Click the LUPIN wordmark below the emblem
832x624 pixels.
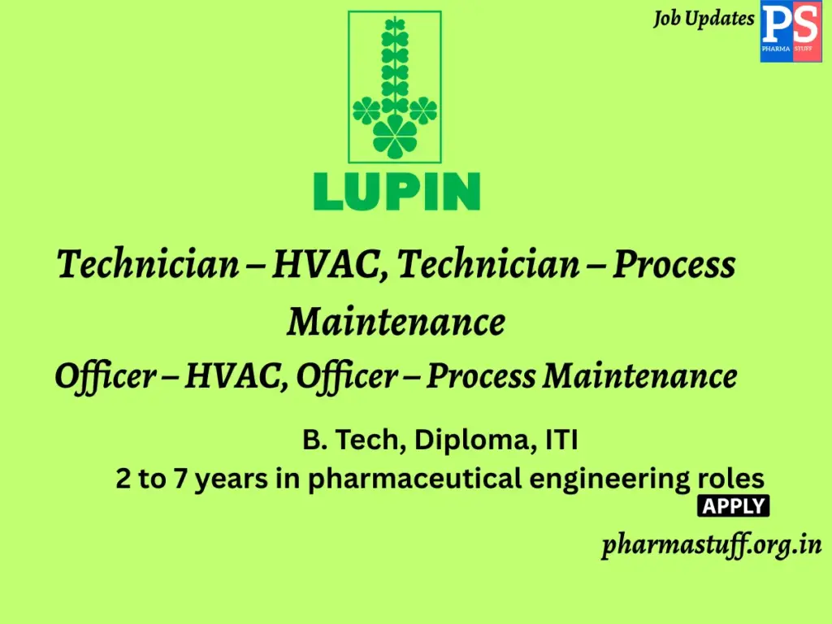[x=396, y=193]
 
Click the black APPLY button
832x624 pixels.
[x=733, y=506]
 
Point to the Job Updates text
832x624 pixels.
[x=704, y=19]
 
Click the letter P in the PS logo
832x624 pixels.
[x=776, y=27]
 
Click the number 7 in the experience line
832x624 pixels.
[x=179, y=479]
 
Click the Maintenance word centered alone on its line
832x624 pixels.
[x=396, y=322]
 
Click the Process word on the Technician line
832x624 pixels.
[x=674, y=266]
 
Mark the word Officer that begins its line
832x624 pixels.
[x=105, y=376]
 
